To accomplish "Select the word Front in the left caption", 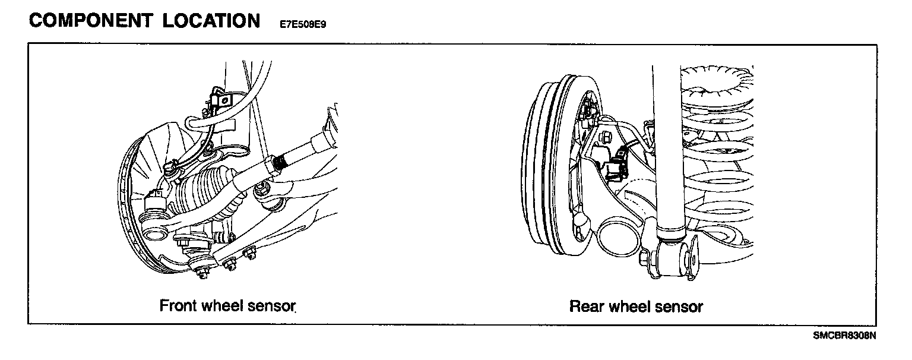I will coord(179,306).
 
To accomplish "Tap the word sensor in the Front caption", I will coord(273,306).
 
